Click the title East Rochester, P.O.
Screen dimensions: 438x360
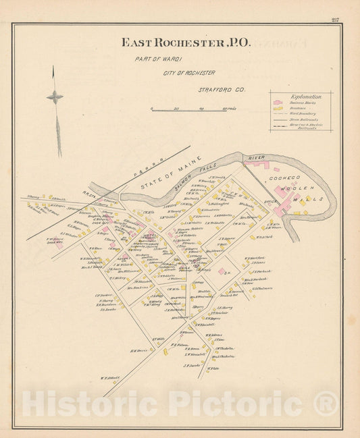coord(185,43)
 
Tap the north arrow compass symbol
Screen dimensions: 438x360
coord(55,97)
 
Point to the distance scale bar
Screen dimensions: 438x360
coord(192,108)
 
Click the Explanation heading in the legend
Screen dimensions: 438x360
coord(305,97)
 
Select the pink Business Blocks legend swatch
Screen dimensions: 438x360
coord(277,103)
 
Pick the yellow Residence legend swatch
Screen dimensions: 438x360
coord(277,108)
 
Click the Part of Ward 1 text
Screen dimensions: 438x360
coord(151,59)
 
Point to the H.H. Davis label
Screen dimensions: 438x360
coord(140,350)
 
